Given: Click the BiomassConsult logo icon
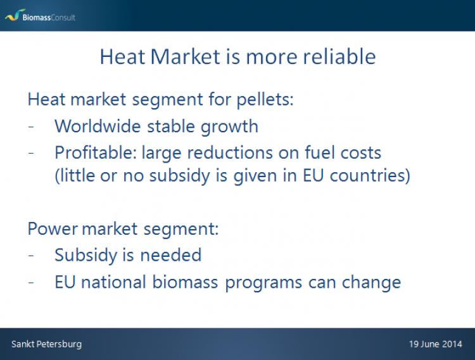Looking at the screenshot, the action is [15, 15].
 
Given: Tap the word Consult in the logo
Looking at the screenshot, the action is [63, 17].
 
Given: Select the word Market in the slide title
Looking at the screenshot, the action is [185, 56].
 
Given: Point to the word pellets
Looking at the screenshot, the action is [265, 100].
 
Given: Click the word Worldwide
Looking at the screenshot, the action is [98, 126].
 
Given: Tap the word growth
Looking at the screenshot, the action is [229, 127].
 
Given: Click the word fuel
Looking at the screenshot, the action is [320, 152].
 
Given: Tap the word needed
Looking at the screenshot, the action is [171, 255].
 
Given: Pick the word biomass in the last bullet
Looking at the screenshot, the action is [185, 282].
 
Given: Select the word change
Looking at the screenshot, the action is [371, 283].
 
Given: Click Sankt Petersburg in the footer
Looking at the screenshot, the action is [47, 344].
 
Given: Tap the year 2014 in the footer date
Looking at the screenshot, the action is [452, 344].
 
